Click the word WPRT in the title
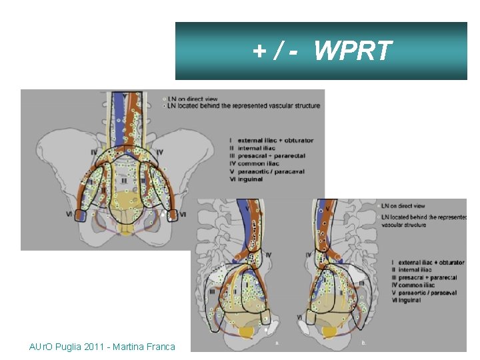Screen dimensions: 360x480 click(x=353, y=50)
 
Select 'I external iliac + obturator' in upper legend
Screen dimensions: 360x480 click(x=271, y=140)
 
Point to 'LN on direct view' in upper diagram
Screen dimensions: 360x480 click(x=193, y=97)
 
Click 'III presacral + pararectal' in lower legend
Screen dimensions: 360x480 click(x=424, y=277)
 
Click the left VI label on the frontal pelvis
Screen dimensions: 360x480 click(x=69, y=214)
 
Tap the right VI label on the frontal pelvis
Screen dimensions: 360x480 click(x=183, y=214)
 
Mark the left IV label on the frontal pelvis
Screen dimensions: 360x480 click(x=93, y=153)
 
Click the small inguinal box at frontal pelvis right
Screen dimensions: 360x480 click(x=172, y=215)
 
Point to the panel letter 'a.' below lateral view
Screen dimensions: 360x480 click(x=277, y=344)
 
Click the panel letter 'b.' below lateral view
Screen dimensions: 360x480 click(x=364, y=344)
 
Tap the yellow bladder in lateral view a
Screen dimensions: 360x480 click(x=248, y=331)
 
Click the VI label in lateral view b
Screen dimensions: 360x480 click(x=300, y=317)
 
